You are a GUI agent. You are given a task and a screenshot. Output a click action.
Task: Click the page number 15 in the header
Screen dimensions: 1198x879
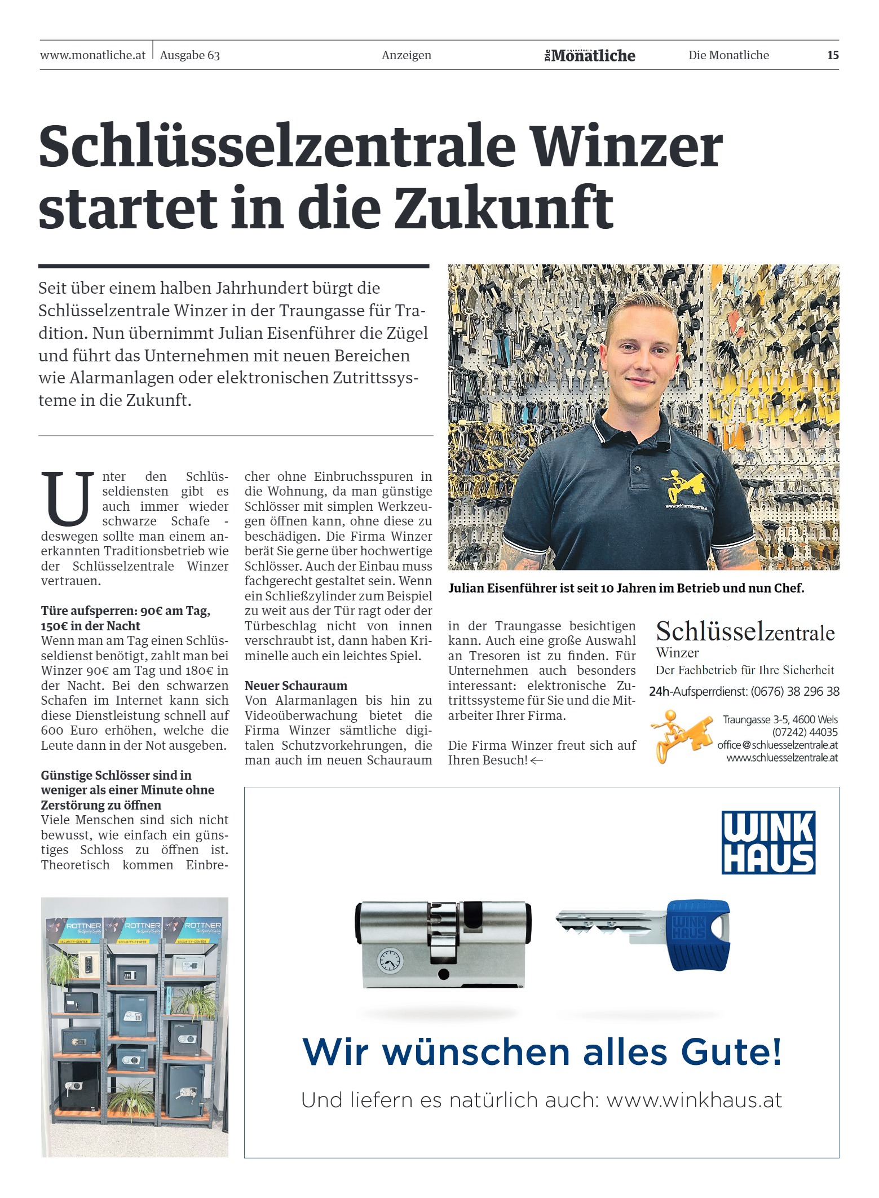click(x=833, y=55)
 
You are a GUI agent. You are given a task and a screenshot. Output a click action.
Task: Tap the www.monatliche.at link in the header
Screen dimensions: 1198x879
click(x=93, y=55)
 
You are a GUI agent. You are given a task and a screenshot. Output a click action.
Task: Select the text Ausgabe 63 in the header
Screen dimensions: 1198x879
click(x=190, y=55)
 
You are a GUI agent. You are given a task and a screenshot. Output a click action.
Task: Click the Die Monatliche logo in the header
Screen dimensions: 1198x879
click(x=590, y=55)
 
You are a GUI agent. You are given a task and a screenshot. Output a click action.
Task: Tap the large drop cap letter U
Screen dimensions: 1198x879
click(x=68, y=498)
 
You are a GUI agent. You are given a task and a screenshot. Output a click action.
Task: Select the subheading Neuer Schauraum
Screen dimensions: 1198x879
click(x=296, y=686)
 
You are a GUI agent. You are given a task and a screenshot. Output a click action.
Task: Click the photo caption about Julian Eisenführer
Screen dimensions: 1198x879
click(x=626, y=588)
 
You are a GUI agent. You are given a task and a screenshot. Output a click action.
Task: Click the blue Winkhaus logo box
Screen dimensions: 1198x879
click(x=768, y=842)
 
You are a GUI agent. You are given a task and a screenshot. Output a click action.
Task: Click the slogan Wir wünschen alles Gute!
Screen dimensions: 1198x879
click(x=542, y=1051)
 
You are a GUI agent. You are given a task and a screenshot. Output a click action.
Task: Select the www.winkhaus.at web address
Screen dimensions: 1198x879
click(x=694, y=1100)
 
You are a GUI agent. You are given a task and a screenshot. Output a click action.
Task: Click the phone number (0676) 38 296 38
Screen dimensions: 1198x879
click(x=795, y=691)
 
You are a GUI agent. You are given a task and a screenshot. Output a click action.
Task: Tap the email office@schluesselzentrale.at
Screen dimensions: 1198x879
click(x=778, y=745)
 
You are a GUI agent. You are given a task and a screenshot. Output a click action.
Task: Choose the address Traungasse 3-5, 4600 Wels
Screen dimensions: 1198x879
click(x=780, y=719)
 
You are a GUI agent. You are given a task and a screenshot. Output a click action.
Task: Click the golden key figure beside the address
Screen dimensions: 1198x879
click(x=678, y=736)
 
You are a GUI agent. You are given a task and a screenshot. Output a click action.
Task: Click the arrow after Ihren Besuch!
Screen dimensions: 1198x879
click(x=537, y=761)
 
